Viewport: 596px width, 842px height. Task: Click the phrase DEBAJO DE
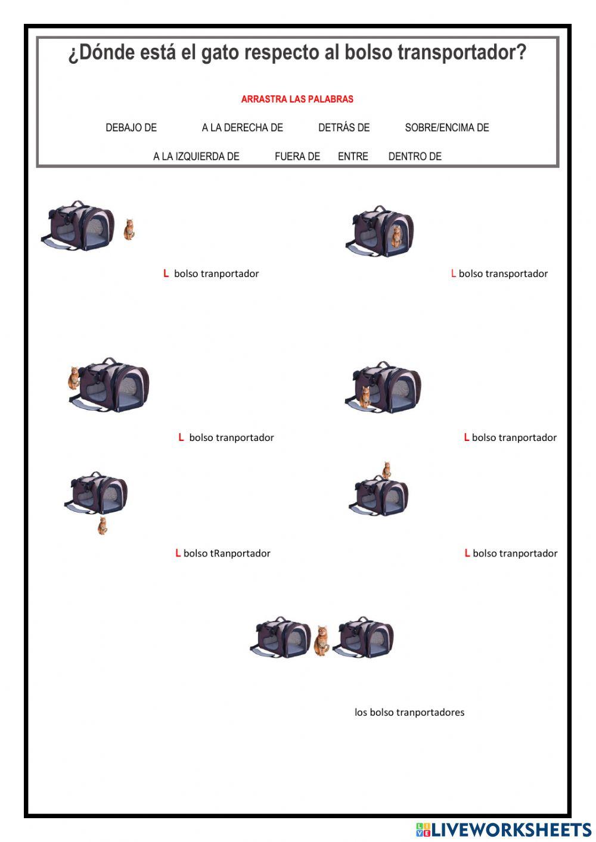131,128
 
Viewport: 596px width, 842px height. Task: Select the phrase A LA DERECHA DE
242,128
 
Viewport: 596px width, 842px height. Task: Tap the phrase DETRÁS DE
344,128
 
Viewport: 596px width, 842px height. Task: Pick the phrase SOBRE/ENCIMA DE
447,128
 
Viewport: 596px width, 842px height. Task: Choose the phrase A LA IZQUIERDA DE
196,156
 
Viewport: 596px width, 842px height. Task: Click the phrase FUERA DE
297,156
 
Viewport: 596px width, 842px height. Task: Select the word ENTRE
353,156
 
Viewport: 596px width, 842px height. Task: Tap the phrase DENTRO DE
415,156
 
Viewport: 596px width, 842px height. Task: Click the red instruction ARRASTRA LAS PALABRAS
297,100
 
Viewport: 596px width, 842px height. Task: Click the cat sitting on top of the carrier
387,470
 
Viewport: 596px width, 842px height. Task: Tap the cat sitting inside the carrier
396,236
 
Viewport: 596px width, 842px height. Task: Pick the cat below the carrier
103,526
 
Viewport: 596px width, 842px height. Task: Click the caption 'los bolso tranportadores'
409,712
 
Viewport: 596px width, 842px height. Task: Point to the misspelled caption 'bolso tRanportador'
226,554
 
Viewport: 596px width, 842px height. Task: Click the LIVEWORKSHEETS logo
504,829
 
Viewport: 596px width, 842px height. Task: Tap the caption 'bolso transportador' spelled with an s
503,274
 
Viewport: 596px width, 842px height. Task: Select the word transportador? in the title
462,53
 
